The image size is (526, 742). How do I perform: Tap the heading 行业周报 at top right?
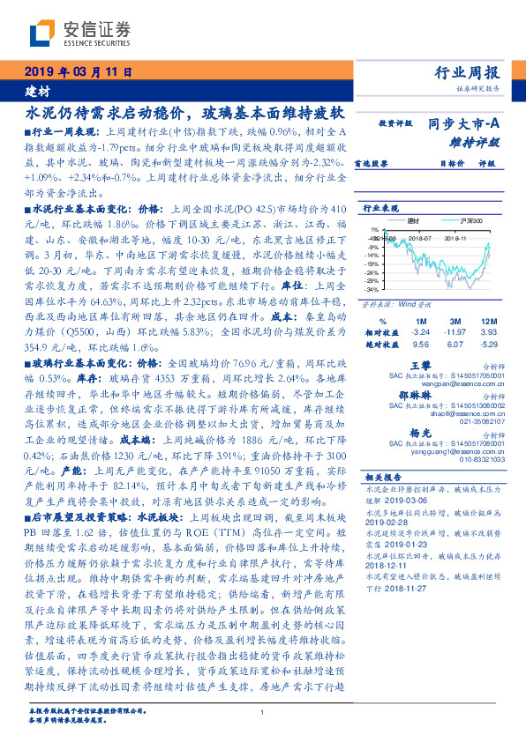[468, 73]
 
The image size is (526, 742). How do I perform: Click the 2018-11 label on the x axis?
[455, 237]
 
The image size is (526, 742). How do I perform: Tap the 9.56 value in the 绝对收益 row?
[420, 345]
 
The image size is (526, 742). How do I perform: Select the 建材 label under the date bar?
[36, 91]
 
